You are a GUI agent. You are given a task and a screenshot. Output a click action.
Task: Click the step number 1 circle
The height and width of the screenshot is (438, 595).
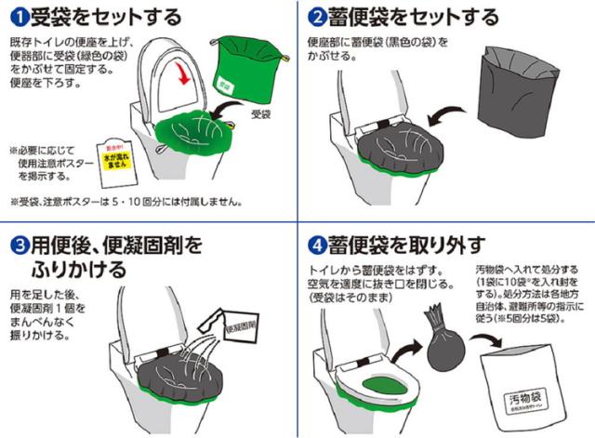coord(17,17)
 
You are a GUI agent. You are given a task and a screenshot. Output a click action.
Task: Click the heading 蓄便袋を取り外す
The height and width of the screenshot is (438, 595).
coord(409,246)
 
